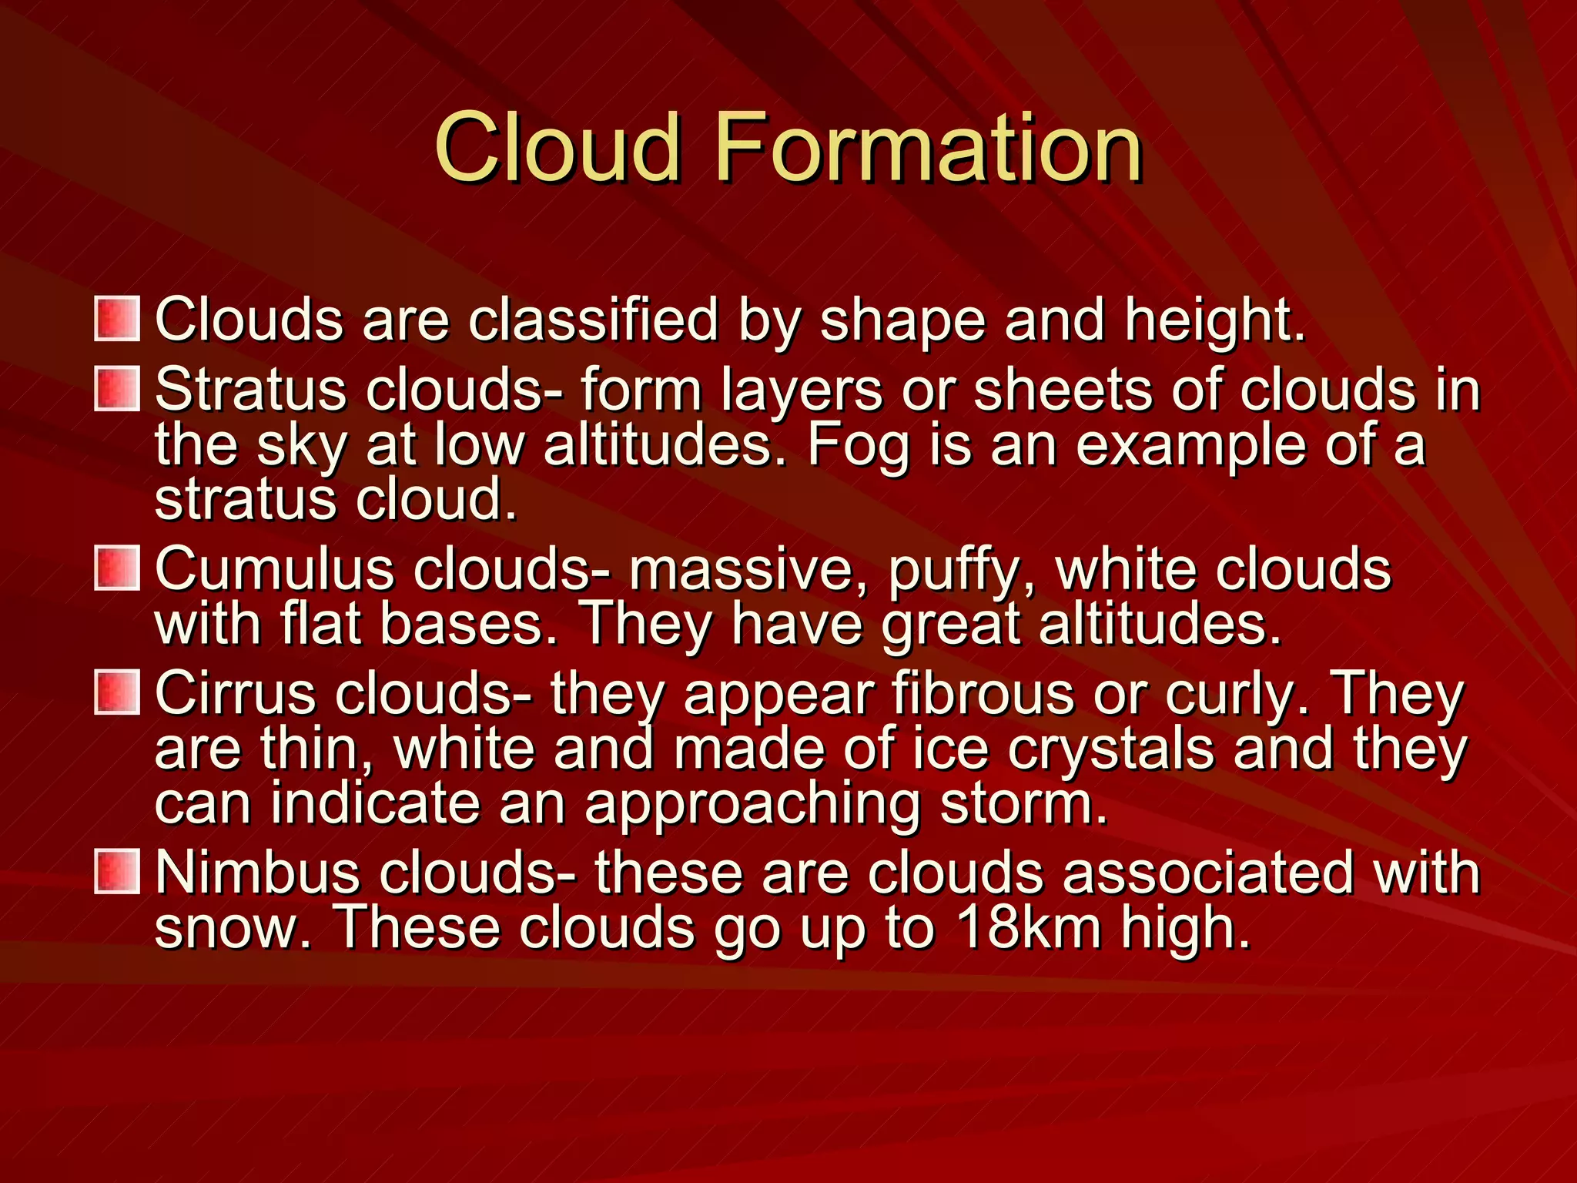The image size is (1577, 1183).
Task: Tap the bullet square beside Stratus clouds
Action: pos(117,389)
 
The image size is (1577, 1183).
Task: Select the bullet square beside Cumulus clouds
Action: pos(117,568)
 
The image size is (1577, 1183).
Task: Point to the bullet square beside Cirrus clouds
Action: pos(117,692)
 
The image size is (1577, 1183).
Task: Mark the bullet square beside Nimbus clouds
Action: pos(117,872)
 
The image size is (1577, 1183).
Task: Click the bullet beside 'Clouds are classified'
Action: pos(117,319)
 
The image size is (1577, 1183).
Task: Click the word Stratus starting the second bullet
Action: pos(250,389)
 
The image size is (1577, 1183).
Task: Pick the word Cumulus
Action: pos(275,570)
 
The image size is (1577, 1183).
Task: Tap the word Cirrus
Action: pos(235,693)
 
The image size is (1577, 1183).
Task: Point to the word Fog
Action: pos(858,447)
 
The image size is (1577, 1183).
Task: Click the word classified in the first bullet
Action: pos(593,319)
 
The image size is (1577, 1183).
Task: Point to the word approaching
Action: pos(752,806)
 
